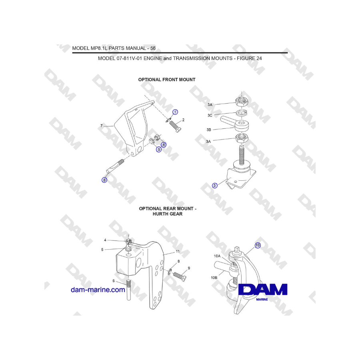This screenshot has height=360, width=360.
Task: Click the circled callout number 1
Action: click(175, 112)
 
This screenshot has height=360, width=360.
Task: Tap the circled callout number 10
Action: click(258, 245)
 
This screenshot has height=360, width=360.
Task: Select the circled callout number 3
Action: click(215, 186)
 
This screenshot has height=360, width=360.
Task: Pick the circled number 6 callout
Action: click(104, 180)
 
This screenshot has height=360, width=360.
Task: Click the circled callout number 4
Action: click(164, 145)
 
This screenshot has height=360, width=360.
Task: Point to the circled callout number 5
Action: click(159, 150)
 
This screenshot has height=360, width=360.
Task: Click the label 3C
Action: click(210, 115)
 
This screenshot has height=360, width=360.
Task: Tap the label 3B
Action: click(209, 130)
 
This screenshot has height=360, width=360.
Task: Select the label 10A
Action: click(217, 256)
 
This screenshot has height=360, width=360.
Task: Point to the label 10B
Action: click(214, 278)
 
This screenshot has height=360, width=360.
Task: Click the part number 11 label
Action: click(178, 252)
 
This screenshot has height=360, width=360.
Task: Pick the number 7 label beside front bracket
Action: click(102, 126)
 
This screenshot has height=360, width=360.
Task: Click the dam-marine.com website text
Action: click(98, 290)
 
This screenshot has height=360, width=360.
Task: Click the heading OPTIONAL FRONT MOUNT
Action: click(167, 80)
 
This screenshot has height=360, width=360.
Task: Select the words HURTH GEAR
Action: click(168, 214)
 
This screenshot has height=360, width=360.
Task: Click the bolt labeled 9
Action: click(180, 276)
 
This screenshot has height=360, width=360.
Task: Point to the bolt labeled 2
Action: click(176, 126)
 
